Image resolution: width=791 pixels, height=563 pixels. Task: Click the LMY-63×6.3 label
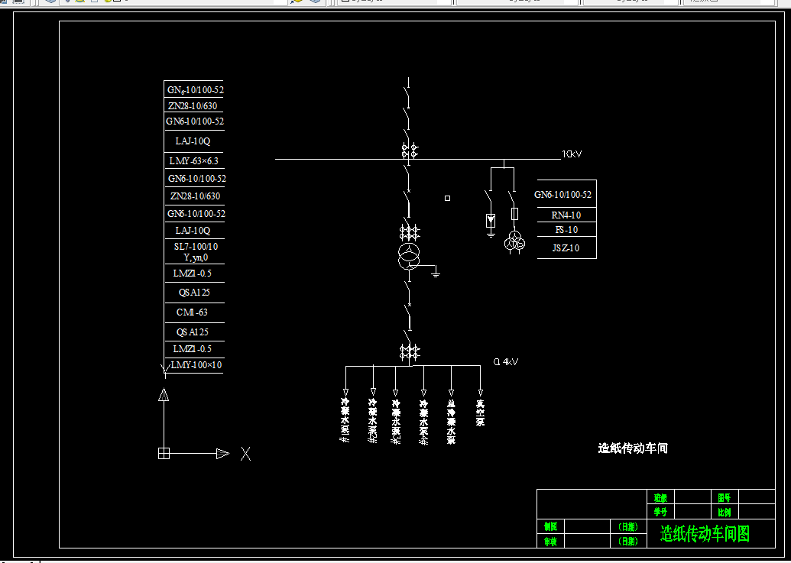(193, 161)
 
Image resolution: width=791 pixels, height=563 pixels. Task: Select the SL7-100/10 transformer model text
(196, 247)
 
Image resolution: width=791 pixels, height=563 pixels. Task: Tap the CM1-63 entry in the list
(192, 312)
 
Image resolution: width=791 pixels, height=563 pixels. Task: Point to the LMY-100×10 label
(196, 365)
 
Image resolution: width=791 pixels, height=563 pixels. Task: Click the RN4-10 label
(566, 215)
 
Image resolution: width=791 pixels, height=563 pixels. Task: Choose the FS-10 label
(566, 230)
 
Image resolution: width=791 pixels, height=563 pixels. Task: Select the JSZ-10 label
(566, 248)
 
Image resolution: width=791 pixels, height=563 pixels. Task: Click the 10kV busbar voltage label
(572, 154)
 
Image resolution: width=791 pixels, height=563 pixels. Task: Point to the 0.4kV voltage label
(506, 362)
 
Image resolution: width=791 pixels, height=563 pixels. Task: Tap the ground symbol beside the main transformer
(436, 272)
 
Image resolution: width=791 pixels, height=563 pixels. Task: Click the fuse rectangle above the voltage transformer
(514, 214)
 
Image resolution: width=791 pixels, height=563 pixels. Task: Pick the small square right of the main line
(447, 199)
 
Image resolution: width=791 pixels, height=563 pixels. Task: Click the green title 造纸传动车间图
(705, 533)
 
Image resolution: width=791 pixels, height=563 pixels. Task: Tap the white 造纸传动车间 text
(633, 448)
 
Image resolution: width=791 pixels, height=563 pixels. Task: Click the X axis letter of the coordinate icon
(245, 454)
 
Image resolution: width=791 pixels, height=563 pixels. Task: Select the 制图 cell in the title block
(550, 526)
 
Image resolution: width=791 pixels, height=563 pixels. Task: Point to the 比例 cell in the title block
(724, 512)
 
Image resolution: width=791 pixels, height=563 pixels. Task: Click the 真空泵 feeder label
(480, 413)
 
